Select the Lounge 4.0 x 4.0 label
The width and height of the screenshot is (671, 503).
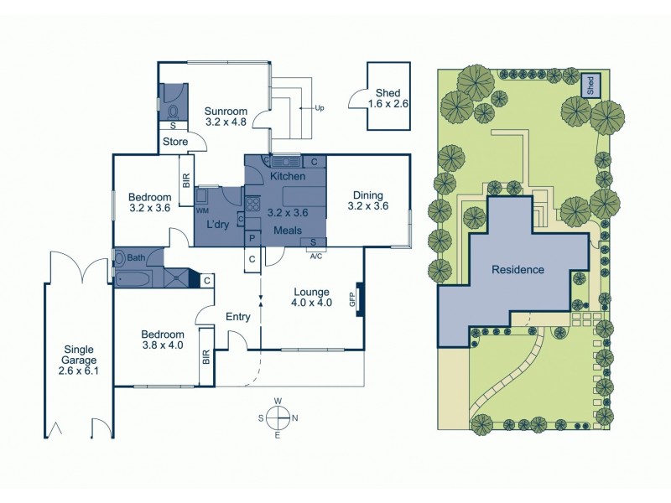click(x=312, y=298)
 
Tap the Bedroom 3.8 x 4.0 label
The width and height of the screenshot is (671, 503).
click(x=162, y=340)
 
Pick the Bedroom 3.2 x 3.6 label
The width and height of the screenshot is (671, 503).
click(x=150, y=202)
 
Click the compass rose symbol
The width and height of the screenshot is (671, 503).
click(x=279, y=417)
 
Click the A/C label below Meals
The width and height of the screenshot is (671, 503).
click(x=315, y=257)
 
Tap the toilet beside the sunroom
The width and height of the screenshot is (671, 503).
click(x=174, y=111)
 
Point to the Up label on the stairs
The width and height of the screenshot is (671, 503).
click(x=319, y=108)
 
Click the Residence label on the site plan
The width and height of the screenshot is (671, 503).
click(x=518, y=270)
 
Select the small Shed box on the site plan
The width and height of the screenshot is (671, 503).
click(x=591, y=84)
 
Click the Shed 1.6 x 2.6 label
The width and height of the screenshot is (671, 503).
click(x=388, y=99)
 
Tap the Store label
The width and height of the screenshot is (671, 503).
click(x=174, y=141)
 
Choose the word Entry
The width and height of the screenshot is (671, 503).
click(x=239, y=316)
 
